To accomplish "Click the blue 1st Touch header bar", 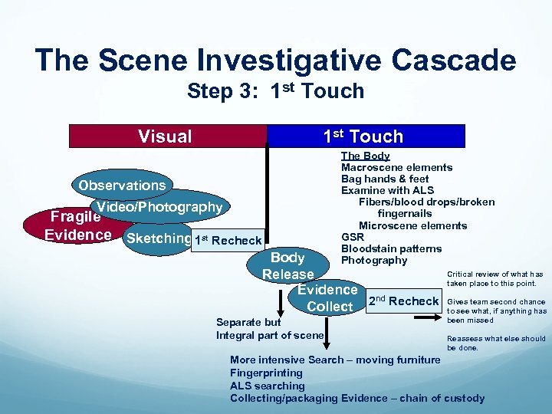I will pos(365,136).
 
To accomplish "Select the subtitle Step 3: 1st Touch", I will pos(275,91).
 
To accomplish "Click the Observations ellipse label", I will pos(122,186).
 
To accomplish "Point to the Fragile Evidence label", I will pos(77,225).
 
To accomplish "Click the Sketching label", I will pos(158,238).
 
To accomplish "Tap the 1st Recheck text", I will pos(228,241).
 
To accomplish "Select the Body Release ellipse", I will pos(288,265).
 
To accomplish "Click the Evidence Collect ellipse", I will pos(328,298).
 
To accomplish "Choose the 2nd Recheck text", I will pos(404,301).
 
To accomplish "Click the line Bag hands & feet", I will pos(385,179).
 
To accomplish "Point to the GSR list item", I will pos(353,238).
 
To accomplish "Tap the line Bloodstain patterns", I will pos(391,249).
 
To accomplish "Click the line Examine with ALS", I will pos(387,191).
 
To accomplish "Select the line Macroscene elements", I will pos(396,168).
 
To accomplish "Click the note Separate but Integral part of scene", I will pos(270,329).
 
